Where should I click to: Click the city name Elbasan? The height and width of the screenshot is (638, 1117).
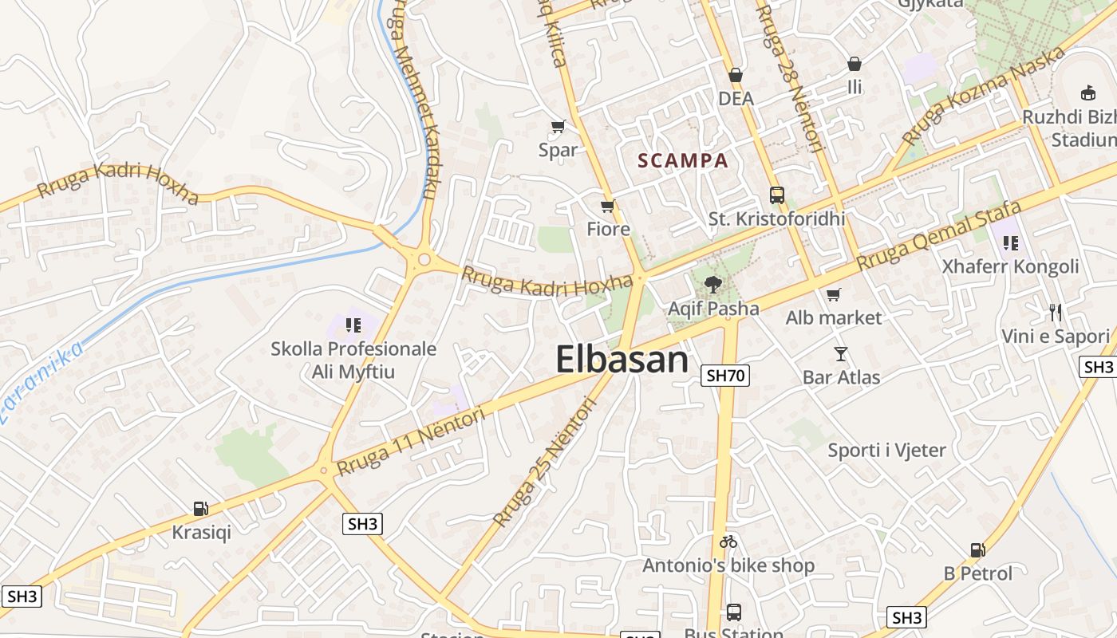622,360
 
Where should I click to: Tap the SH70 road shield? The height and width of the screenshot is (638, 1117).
725,376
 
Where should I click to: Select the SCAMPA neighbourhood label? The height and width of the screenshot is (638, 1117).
683,160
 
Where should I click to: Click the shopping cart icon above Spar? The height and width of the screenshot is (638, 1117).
558,126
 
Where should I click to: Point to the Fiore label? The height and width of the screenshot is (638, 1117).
608,230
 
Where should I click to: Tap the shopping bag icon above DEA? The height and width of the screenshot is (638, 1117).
736,75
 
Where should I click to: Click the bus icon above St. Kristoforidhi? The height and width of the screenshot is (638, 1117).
776,195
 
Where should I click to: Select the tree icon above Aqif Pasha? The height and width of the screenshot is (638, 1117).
713,284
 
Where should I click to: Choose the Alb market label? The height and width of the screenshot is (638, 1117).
834,318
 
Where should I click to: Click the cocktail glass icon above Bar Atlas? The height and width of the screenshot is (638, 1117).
841,353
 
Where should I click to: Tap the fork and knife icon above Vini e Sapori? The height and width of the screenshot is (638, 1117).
1056,312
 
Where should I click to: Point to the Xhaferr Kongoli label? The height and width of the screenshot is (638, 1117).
1010,266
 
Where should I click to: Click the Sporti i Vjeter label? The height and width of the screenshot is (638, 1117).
886,451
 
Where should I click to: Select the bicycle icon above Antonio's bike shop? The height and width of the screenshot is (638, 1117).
728,542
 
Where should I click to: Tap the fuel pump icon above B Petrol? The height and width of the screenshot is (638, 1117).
977,549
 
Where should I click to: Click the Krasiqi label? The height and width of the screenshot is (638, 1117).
201,532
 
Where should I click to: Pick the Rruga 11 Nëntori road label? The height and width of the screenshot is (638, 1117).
411,442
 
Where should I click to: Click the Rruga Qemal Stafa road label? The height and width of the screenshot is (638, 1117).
939,235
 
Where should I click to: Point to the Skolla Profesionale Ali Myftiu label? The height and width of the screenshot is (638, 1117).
353,360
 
